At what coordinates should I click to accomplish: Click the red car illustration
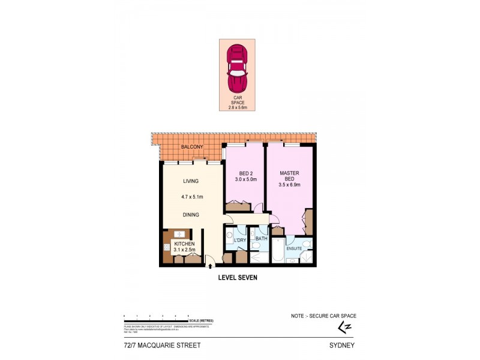pyautogui.click(x=237, y=68)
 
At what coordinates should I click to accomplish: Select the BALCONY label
pyautogui.click(x=193, y=147)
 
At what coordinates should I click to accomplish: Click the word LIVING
pyautogui.click(x=191, y=181)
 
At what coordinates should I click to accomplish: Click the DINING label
pyautogui.click(x=191, y=215)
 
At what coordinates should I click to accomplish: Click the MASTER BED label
pyautogui.click(x=289, y=176)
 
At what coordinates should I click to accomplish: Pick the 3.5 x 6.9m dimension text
pyautogui.click(x=289, y=186)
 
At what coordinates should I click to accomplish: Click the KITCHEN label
pyautogui.click(x=184, y=243)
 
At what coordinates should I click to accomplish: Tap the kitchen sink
pyautogui.click(x=179, y=234)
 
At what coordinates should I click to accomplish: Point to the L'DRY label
pyautogui.click(x=240, y=241)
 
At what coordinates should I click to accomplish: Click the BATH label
pyautogui.click(x=260, y=238)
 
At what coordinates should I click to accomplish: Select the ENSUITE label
pyautogui.click(x=294, y=248)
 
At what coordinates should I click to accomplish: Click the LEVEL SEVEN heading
pyautogui.click(x=238, y=278)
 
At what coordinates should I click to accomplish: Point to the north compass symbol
pyautogui.click(x=344, y=327)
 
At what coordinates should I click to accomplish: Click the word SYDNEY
pyautogui.click(x=343, y=346)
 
